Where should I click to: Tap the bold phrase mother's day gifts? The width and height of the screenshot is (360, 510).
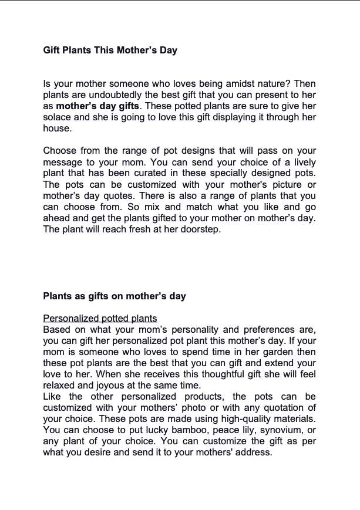[x=97, y=106]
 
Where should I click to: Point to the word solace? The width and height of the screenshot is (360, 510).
[x=59, y=117]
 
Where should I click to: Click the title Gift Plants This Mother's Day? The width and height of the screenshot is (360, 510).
[x=110, y=50]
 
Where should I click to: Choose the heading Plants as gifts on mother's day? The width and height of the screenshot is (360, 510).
[x=115, y=296]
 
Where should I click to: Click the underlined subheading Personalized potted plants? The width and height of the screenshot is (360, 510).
[x=100, y=318]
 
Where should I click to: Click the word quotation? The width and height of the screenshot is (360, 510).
[x=280, y=408]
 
